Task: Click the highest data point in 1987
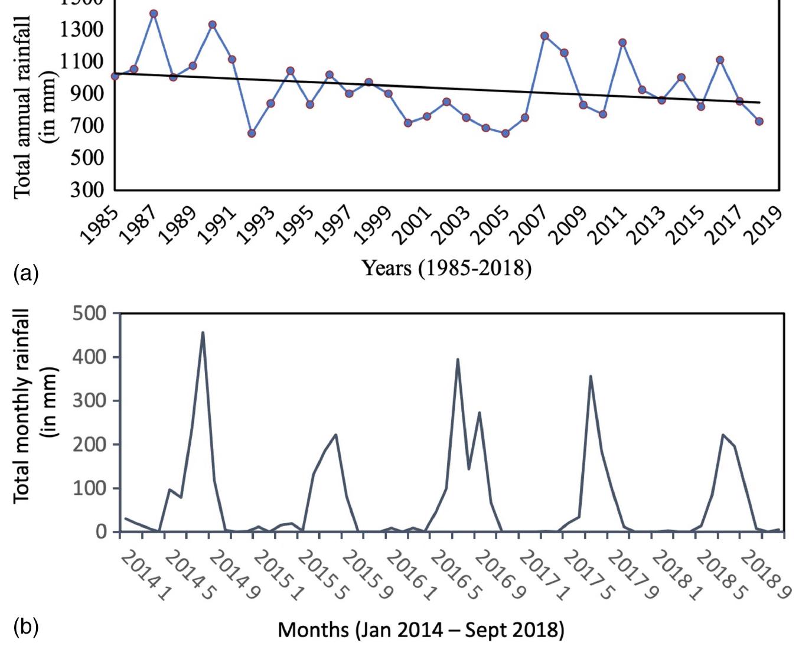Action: (x=154, y=13)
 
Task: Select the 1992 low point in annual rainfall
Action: (x=252, y=133)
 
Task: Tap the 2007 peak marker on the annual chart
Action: (x=544, y=36)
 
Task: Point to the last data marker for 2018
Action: (x=759, y=121)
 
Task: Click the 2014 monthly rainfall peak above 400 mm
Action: (x=203, y=332)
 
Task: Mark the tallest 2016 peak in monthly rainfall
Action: (x=458, y=359)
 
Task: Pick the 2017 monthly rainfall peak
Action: (x=591, y=376)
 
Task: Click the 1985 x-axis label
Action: (x=99, y=224)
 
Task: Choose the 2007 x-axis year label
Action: (x=528, y=224)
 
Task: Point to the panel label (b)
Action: (x=25, y=627)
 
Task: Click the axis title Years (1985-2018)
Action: (x=446, y=269)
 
